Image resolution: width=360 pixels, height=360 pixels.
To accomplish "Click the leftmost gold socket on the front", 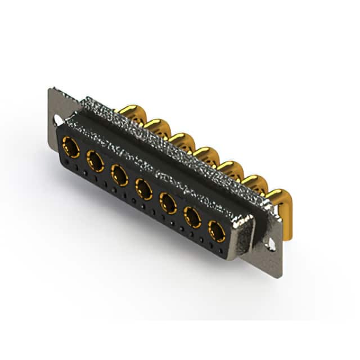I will pos(71,147).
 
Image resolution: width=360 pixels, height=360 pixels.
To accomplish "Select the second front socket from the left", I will pos(95,162).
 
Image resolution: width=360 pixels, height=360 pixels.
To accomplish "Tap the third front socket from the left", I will pos(119,175).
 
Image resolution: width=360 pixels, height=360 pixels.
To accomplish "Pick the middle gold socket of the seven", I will pos(144,190).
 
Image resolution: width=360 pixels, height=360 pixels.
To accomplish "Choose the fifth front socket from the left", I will pos(168,203).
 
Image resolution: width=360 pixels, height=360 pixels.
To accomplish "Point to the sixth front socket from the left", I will pos(192,217).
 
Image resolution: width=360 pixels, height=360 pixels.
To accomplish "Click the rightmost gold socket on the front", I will pos(217,231).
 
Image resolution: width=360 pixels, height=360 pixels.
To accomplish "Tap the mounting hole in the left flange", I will pos(58,120).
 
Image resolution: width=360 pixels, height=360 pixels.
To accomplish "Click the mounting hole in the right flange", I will pos(271,244).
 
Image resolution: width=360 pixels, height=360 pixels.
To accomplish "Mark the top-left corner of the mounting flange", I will pos(51,89).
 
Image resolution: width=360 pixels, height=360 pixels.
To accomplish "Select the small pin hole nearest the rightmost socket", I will pos(212,246).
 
